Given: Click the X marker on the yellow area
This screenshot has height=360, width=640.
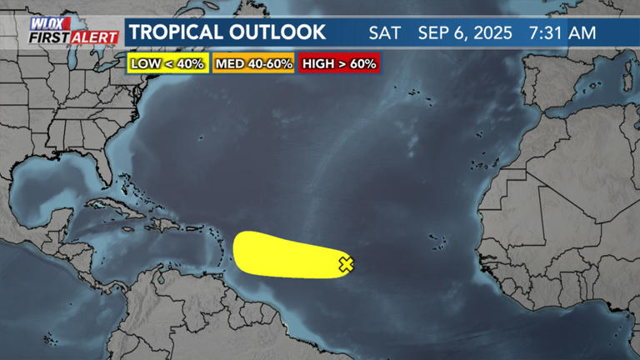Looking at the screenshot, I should pos(346,264).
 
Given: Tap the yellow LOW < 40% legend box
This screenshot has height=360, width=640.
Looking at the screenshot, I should pos(167,63).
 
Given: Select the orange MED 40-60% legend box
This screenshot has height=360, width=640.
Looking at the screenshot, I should pos(253,63).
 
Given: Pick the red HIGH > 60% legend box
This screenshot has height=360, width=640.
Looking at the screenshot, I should pos(339,63).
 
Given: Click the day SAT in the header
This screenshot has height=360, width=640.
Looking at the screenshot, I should pos(385,33).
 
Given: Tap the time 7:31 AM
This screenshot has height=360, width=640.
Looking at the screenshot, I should pos(562,33).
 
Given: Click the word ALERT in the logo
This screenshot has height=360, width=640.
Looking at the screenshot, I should pos(95,37).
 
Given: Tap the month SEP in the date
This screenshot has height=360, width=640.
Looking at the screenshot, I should pos(433,33).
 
